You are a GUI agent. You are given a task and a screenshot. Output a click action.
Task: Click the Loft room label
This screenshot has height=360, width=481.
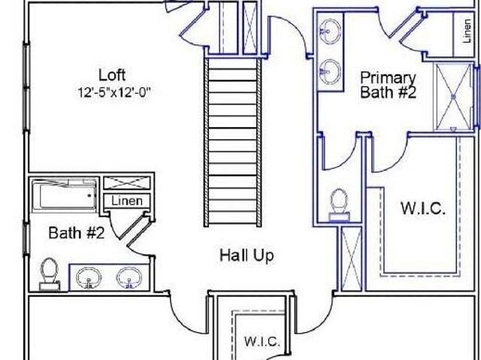click(x=112, y=75)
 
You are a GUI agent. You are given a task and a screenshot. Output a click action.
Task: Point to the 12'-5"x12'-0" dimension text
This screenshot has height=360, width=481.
click(x=114, y=92)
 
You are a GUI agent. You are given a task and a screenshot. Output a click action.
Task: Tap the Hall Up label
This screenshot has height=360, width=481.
click(x=247, y=256)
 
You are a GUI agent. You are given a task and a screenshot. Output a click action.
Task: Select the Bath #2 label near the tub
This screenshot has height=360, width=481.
click(x=77, y=232)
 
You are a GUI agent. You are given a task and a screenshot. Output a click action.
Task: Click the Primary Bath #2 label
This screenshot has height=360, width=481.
click(x=388, y=85)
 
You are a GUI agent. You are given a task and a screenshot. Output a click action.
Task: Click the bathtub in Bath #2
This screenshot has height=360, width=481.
click(x=64, y=195)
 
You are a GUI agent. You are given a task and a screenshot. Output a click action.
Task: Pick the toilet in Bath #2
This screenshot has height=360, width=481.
click(x=50, y=274)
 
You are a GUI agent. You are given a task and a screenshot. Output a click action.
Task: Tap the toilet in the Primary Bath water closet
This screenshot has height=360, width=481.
click(x=339, y=204)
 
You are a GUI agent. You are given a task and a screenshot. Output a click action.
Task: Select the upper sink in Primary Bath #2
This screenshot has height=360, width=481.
click(x=330, y=30)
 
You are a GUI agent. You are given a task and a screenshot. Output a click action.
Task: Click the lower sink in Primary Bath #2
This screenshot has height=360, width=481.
click(x=330, y=71)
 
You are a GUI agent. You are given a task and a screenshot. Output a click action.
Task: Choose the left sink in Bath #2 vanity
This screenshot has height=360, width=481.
click(x=89, y=278)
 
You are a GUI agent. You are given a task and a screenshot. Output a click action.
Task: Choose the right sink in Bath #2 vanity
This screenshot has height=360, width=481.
click(x=129, y=278)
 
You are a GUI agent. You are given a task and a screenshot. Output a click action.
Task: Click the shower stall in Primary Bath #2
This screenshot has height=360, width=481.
click(x=453, y=97)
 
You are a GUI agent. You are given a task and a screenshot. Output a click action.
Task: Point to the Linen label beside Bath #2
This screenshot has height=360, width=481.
click(x=127, y=201)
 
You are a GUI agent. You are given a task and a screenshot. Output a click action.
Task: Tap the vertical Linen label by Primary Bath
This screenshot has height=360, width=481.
click(x=467, y=31)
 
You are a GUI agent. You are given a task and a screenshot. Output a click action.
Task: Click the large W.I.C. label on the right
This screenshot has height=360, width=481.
click(x=423, y=208)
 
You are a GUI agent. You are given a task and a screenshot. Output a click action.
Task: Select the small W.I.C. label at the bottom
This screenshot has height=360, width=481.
click(x=262, y=341)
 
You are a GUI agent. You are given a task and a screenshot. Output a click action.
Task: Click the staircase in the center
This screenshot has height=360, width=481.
click(x=232, y=142)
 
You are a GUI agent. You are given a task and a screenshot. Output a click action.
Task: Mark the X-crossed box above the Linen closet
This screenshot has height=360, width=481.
click(x=127, y=183)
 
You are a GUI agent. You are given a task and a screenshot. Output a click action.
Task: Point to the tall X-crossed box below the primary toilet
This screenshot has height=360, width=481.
click(x=351, y=259)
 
